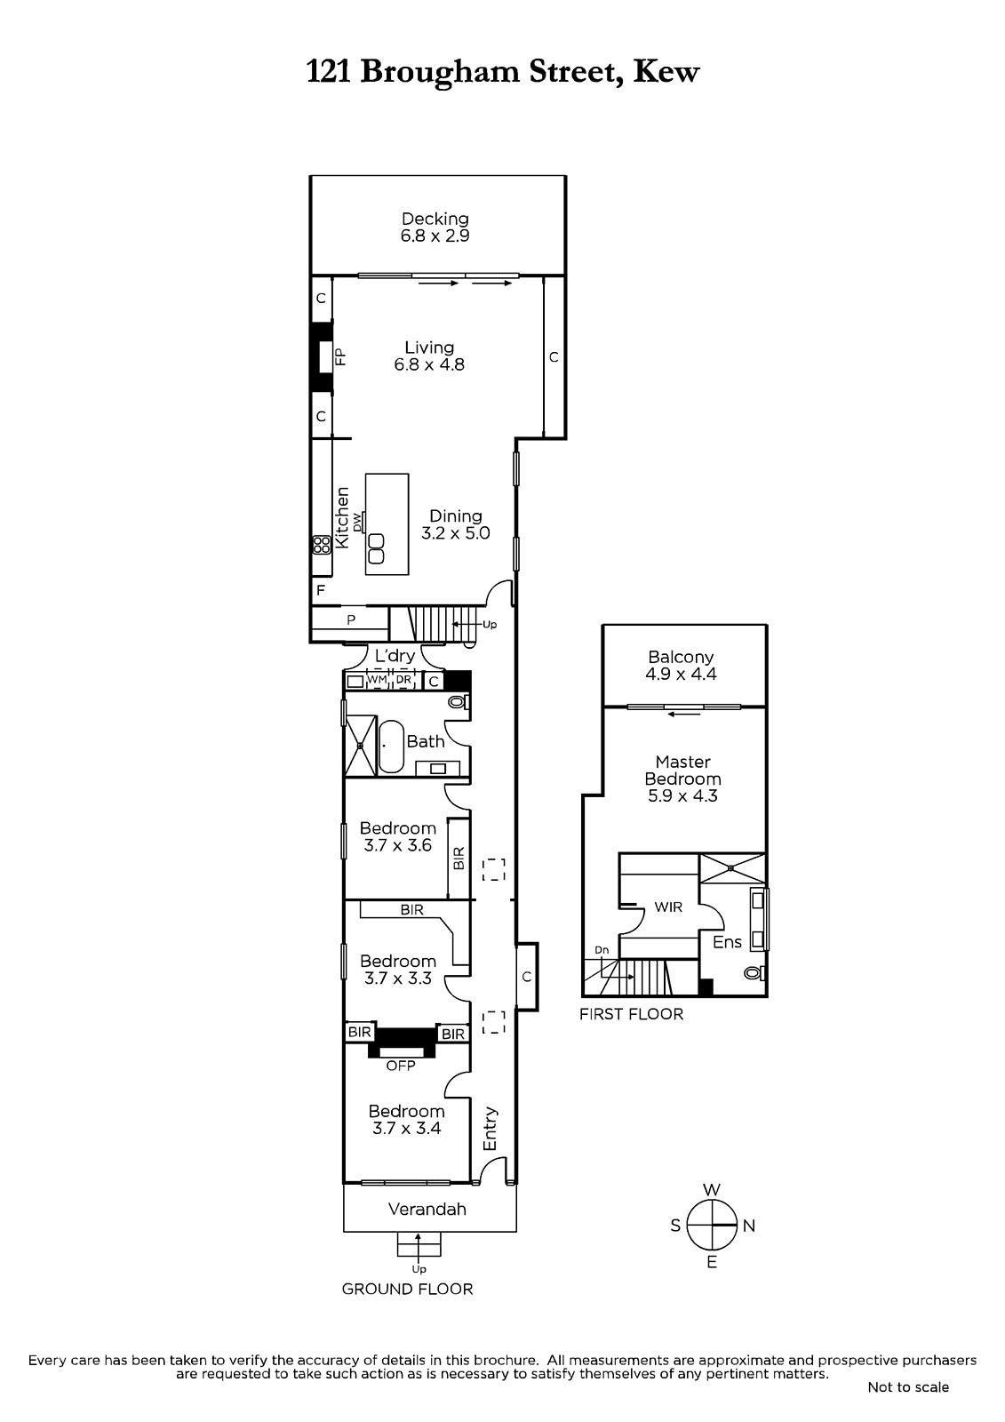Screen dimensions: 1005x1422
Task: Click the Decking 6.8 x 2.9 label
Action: coord(435,228)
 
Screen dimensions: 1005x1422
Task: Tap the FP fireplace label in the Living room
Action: coord(341,356)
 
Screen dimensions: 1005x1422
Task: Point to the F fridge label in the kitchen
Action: coord(321,590)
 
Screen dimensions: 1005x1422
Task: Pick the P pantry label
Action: coord(351,619)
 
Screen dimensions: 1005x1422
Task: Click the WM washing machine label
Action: coord(377,680)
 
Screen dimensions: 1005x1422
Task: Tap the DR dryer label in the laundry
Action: coord(403,680)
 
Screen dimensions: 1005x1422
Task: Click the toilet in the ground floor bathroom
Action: coord(459,702)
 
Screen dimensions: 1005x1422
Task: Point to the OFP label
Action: coord(401,1066)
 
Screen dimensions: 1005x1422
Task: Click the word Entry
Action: coord(491,1129)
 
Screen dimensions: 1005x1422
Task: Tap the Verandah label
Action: coord(427,1209)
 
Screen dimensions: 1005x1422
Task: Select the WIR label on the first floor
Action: coord(668,907)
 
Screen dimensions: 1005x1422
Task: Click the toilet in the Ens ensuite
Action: coord(755,972)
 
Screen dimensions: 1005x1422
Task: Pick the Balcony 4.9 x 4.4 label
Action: coord(681,666)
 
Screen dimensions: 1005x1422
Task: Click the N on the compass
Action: coord(749,1226)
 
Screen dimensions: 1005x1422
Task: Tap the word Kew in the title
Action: coord(666,72)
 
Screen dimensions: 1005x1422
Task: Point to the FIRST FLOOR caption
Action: coord(631,1014)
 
